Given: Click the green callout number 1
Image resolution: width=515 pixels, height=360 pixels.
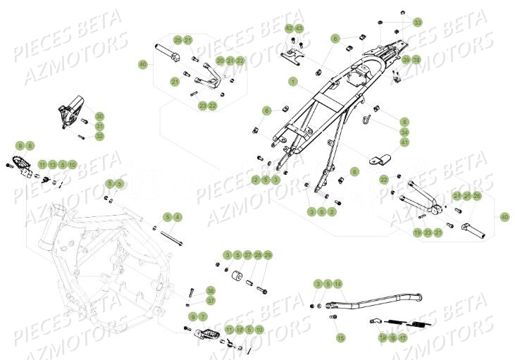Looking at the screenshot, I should tap(292, 82).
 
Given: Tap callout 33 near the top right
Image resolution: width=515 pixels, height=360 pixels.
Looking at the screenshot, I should tap(418, 23).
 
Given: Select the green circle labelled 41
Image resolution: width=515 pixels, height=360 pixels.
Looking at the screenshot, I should tap(404, 142).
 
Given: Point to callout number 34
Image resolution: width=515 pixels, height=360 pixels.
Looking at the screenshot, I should tap(404, 132).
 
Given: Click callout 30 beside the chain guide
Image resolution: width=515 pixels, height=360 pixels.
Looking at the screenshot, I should tap(99, 116).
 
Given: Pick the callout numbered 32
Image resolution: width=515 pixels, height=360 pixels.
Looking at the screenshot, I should tap(99, 136).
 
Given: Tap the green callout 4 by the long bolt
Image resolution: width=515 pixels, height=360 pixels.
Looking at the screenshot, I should tap(178, 216).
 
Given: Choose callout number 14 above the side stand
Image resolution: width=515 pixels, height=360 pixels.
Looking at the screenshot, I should tap(338, 283).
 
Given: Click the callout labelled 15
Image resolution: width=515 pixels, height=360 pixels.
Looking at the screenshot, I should tap(341, 338).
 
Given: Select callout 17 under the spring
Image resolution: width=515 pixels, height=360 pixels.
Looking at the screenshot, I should tap(403, 338).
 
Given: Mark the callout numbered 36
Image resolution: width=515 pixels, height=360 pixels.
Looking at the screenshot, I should tap(191, 290).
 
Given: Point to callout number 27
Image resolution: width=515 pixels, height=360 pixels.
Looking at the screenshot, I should tap(247, 254).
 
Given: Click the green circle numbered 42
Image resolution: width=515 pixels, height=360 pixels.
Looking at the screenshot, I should tap(289, 27).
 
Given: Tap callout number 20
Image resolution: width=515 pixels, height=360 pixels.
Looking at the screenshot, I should tap(221, 61).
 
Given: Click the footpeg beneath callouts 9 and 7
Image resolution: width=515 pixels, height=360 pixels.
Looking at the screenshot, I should tap(209, 330).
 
